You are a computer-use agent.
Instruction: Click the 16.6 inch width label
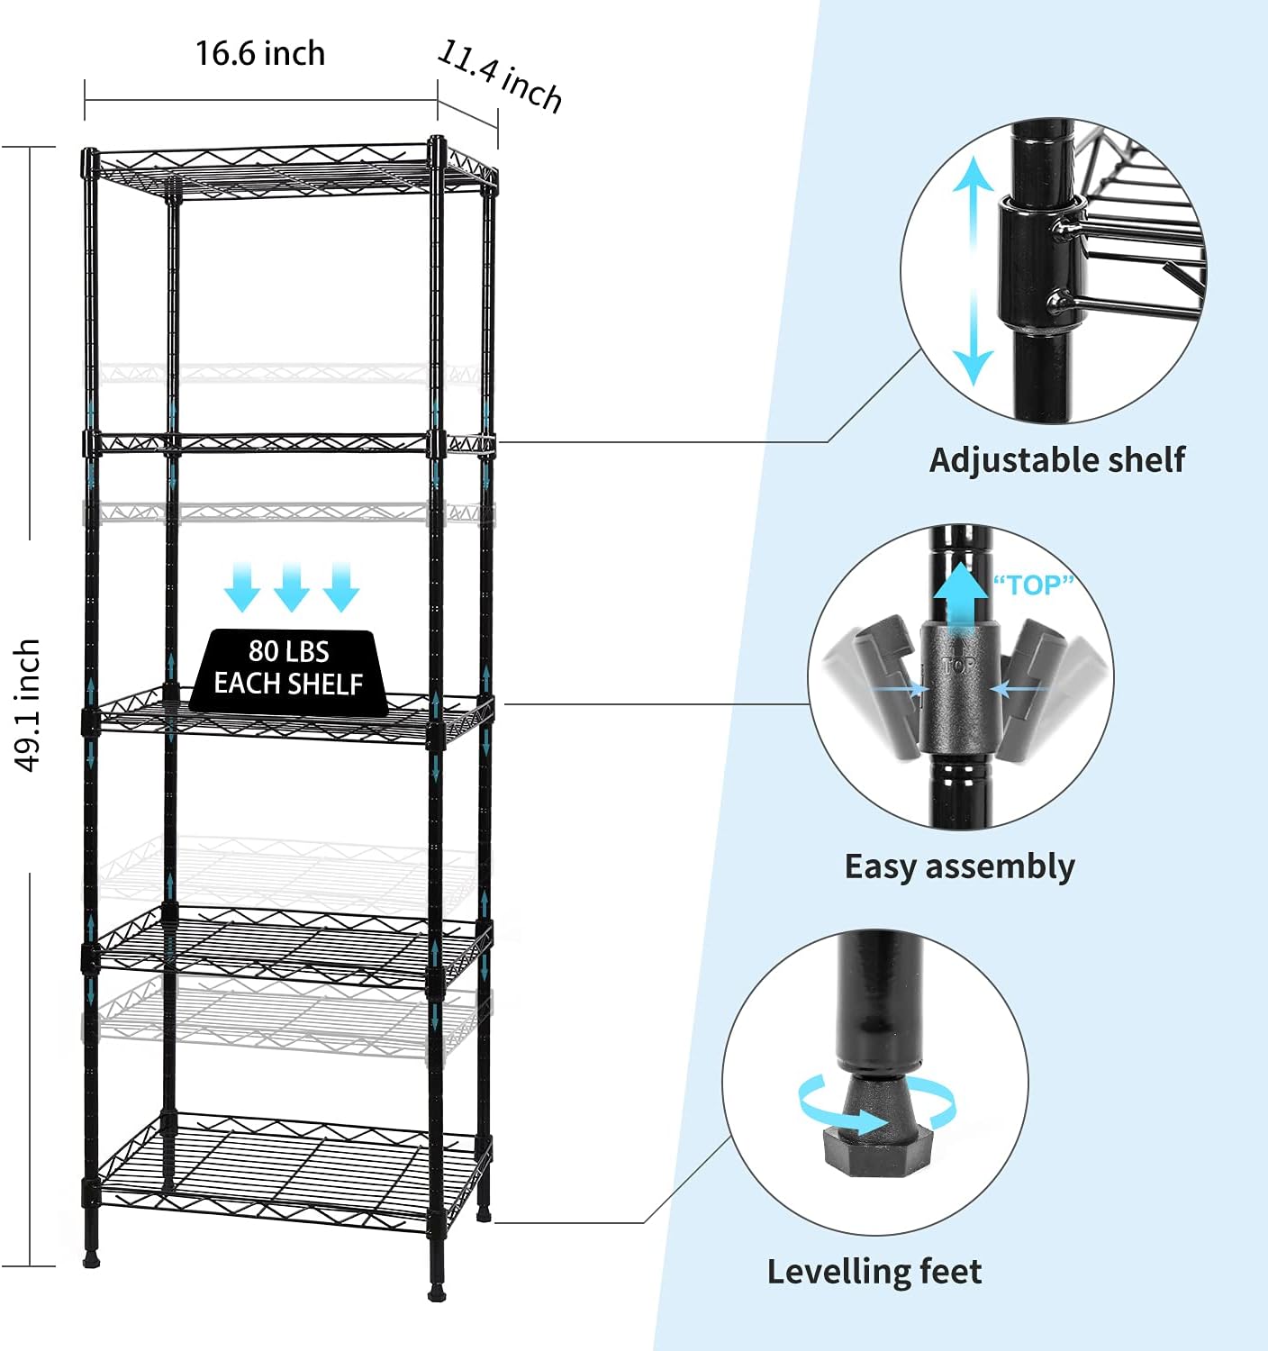[x=260, y=54]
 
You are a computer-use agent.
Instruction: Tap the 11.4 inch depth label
[x=500, y=77]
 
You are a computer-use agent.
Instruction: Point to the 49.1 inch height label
[x=28, y=705]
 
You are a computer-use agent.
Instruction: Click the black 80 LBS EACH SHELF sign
[x=288, y=669]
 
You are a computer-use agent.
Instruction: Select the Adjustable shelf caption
[x=1057, y=460]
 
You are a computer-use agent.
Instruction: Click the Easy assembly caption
[x=959, y=866]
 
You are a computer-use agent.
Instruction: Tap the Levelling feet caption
[x=874, y=1272]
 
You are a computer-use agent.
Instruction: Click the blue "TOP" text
[x=1034, y=585]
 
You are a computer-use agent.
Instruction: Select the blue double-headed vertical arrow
[x=974, y=270]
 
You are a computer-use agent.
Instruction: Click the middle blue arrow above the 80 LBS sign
[x=292, y=586]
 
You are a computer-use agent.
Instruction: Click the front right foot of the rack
[x=438, y=1293]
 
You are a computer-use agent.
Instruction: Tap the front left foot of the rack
[x=91, y=1260]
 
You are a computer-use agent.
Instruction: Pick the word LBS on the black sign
[x=309, y=652]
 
